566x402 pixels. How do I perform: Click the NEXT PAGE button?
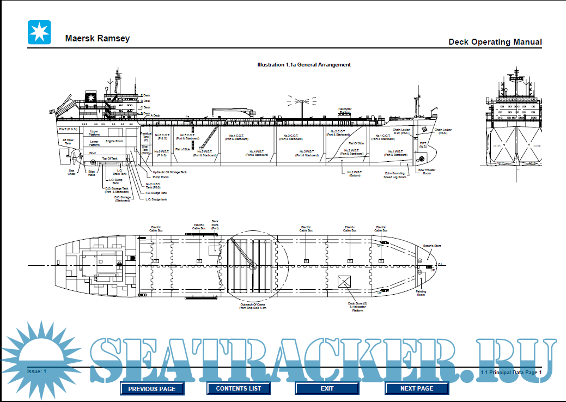point(417,388)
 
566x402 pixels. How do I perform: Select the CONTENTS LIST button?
point(239,388)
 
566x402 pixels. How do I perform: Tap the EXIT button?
point(327,388)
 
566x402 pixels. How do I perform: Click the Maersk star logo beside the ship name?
point(39,32)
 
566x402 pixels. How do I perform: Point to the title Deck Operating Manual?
point(495,42)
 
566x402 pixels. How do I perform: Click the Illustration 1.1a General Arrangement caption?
point(304,65)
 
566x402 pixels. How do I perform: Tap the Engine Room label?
point(114,141)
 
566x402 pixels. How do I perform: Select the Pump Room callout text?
point(161,177)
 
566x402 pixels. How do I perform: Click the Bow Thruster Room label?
point(427,172)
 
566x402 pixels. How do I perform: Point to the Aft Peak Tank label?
point(68,142)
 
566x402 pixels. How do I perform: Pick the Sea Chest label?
point(71,172)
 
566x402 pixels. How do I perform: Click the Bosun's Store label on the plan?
point(432,246)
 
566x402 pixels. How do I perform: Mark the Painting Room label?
point(421,293)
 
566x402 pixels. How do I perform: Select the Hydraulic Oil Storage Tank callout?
point(169,172)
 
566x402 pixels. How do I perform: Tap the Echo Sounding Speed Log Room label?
point(394,175)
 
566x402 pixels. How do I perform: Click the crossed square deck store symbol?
point(344,282)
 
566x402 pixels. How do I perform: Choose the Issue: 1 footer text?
point(37,371)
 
